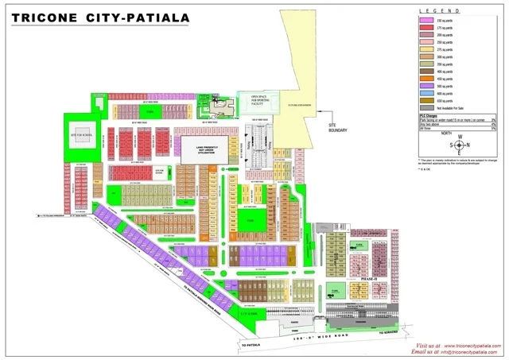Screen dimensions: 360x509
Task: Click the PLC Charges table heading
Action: pyautogui.click(x=430, y=117)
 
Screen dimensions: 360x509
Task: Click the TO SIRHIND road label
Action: pyautogui.click(x=388, y=331)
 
